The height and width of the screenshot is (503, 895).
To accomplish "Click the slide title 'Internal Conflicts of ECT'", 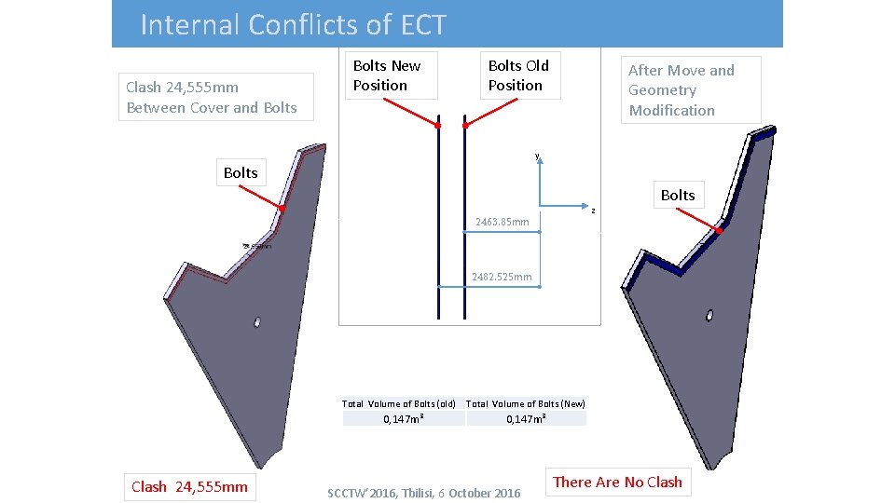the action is [293, 24].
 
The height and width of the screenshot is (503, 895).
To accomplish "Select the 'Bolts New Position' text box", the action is [387, 75].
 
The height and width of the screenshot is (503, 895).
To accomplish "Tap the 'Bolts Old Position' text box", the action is [518, 75].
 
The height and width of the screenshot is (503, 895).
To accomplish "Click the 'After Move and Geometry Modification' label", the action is [681, 90].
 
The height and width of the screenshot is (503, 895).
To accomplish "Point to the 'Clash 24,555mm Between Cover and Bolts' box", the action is [212, 97].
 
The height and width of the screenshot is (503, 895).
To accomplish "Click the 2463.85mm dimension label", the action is [502, 222].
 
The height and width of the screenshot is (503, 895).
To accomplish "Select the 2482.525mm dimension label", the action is [502, 277].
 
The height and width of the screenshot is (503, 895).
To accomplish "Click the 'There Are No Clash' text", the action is [617, 482].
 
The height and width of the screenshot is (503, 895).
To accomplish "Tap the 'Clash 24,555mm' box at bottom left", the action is [189, 486].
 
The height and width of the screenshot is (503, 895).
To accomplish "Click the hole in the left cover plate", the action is [257, 321].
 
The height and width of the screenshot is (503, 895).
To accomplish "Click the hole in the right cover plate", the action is [709, 315].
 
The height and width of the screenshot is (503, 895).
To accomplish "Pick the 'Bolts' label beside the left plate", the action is [241, 172].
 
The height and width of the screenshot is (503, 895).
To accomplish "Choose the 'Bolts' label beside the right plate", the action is [678, 195].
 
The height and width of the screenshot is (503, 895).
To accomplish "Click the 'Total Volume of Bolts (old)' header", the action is [399, 403].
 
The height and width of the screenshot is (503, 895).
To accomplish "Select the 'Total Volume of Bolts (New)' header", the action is [526, 403].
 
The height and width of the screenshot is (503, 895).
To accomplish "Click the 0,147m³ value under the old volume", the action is [405, 419].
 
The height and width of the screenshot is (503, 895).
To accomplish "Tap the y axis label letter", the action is [537, 156].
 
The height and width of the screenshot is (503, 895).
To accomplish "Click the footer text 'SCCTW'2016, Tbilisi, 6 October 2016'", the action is [424, 493].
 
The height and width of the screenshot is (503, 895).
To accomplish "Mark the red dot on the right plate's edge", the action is [720, 229].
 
